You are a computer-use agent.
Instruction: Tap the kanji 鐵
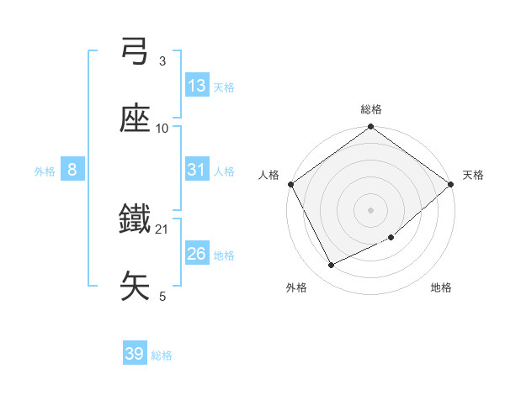135,220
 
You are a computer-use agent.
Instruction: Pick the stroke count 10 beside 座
162,128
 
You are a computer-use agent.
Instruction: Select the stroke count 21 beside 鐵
162,229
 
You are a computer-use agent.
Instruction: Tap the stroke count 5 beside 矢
162,296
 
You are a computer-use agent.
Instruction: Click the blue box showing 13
197,86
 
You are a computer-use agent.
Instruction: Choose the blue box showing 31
197,170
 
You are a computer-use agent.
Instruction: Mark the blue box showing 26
197,254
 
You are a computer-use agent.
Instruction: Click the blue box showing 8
72,170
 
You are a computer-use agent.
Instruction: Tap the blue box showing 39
135,354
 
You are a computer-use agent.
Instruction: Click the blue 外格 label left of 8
45,171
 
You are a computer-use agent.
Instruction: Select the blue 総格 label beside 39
162,355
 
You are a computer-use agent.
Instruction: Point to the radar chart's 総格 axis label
371,109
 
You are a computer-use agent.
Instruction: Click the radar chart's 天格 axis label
473,175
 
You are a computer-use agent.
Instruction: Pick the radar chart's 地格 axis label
441,287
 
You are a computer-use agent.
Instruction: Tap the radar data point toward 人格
291,184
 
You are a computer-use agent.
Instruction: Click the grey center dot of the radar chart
371,209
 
